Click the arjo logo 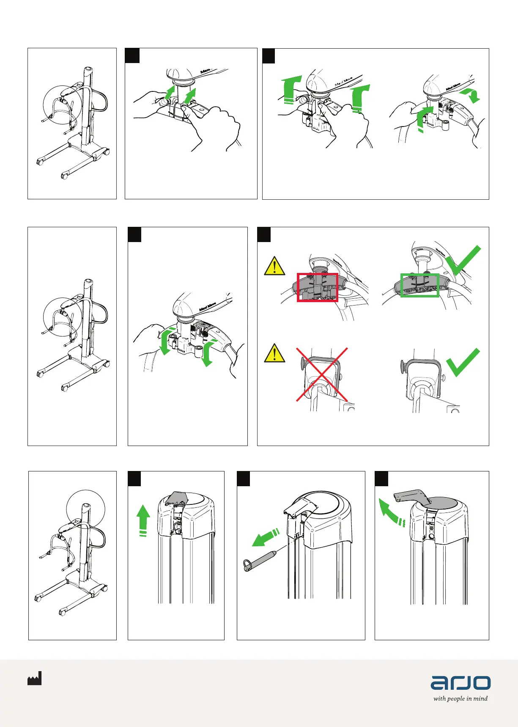point(460,682)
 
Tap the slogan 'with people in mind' point(460,699)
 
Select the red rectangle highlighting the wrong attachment point(317,287)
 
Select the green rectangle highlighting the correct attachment point(419,285)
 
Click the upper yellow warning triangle point(274,266)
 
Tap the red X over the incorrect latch point(322,375)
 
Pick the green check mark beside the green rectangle point(463,260)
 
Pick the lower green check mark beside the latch point(463,363)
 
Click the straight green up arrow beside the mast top point(144,520)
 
